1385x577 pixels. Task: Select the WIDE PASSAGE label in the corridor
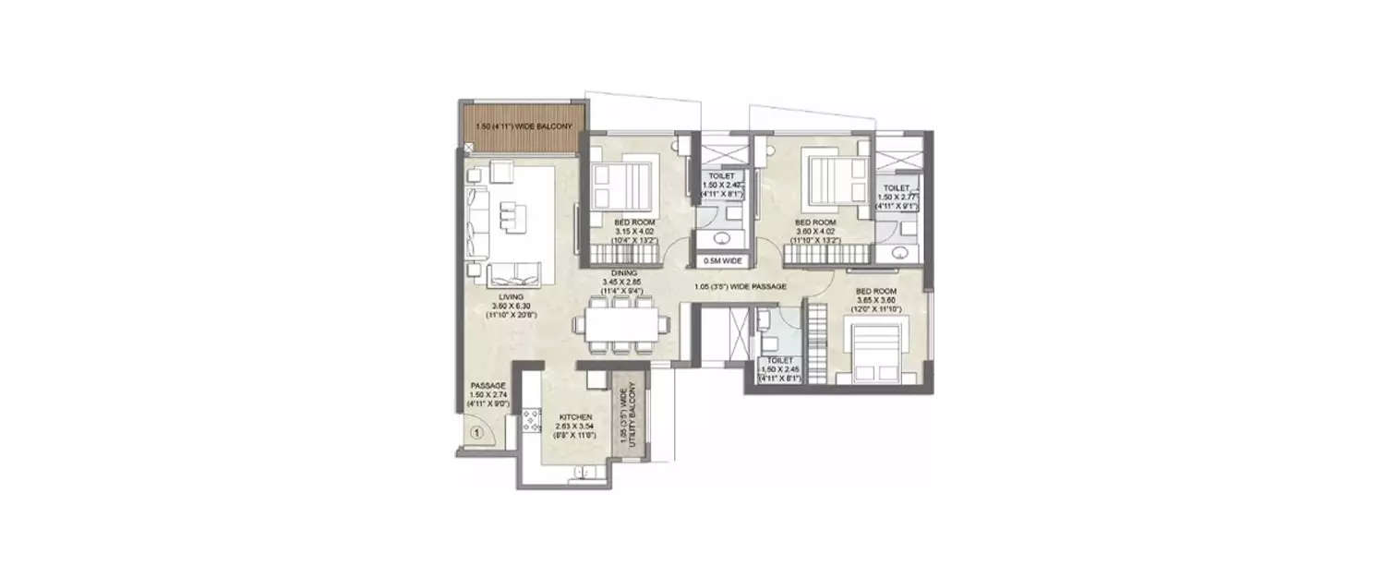[742, 287]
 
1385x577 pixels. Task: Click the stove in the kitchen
[533, 421]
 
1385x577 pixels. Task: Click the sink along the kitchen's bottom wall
[582, 474]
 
